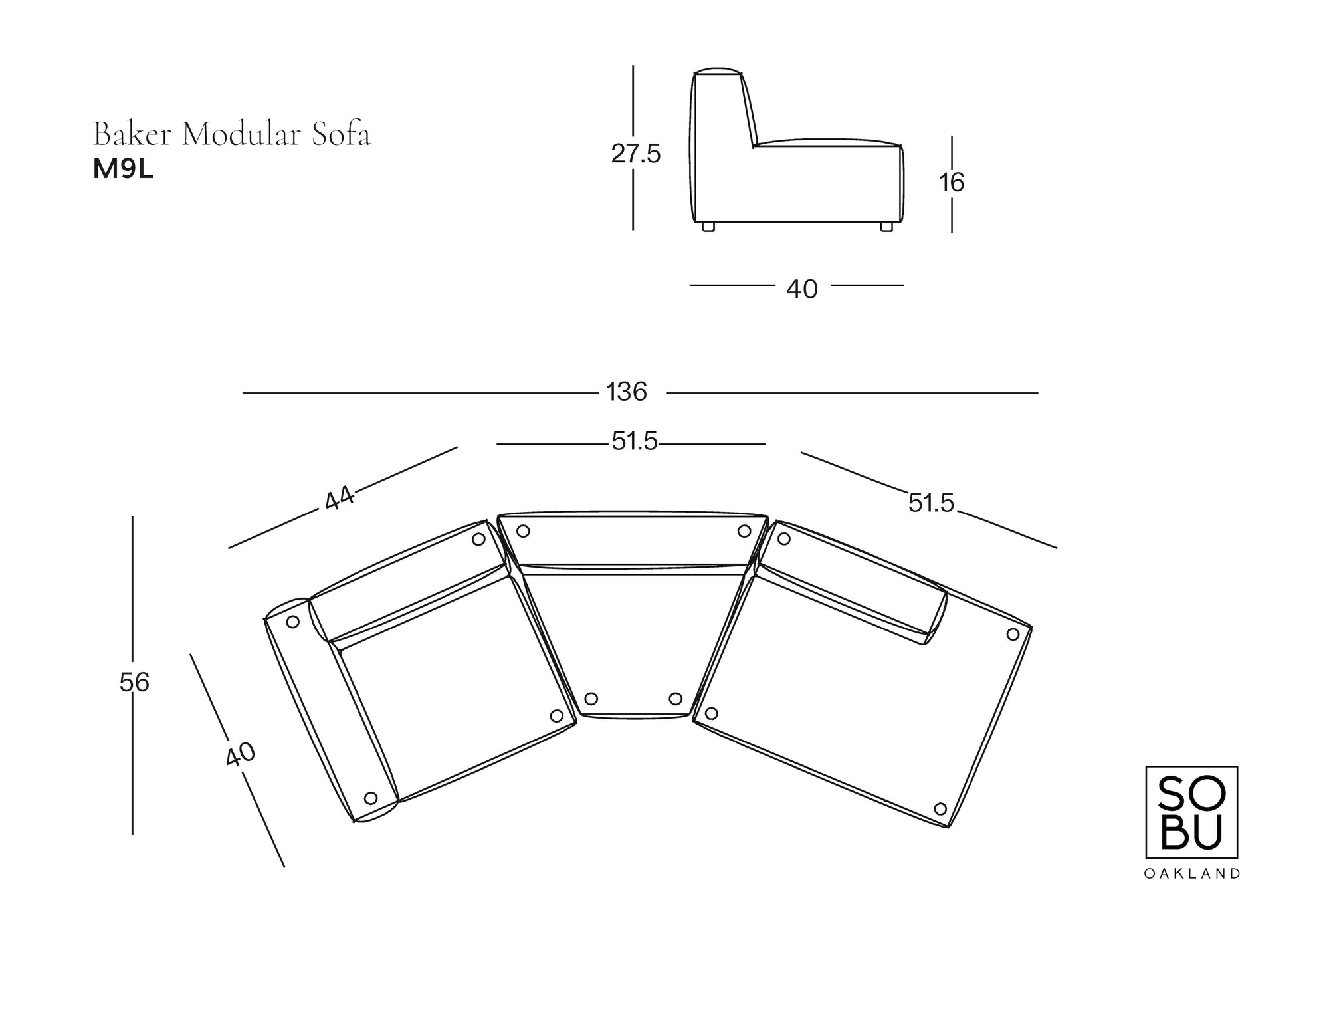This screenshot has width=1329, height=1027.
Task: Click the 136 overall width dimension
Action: tap(626, 392)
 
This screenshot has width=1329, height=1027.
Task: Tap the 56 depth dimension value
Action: tap(134, 683)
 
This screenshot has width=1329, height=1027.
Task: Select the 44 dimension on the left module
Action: tap(340, 499)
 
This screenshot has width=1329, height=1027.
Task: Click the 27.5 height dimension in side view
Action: tap(635, 154)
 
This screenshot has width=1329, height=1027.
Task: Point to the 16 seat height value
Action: tap(952, 182)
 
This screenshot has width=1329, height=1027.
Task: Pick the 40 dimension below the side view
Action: tap(801, 289)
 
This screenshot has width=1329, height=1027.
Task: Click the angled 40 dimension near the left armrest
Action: tap(240, 754)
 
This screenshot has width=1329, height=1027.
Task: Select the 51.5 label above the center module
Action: tap(634, 441)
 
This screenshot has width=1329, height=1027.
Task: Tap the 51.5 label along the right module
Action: tap(930, 504)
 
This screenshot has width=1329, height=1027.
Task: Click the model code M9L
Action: tap(123, 170)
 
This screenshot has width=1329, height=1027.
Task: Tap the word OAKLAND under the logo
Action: tap(1191, 874)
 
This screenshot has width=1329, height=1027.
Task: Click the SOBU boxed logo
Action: tap(1191, 812)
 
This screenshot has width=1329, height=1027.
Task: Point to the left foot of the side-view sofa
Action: tap(708, 227)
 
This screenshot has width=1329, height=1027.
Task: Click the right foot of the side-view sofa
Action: tap(886, 227)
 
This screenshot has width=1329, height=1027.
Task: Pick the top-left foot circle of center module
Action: tap(523, 531)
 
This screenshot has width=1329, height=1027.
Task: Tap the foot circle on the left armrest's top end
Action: tap(292, 622)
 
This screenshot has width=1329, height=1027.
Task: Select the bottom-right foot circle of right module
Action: tap(940, 809)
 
